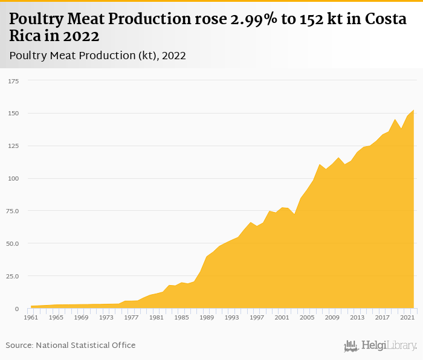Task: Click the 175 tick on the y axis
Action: pos(13,80)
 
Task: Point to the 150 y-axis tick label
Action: pos(13,113)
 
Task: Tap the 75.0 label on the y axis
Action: pos(13,211)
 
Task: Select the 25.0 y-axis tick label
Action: pos(13,276)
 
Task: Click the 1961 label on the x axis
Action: pos(31,317)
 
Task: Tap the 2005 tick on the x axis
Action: pos(307,317)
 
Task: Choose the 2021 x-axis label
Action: pos(407,317)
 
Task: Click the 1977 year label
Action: pos(131,317)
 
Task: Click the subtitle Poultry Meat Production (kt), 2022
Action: pos(97,56)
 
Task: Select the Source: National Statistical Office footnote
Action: pos(71,346)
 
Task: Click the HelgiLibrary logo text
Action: pos(389,346)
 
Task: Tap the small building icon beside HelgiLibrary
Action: pos(351,346)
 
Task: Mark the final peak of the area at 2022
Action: pos(413,111)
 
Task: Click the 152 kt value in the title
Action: pos(314,19)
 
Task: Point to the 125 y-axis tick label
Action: pos(13,146)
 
